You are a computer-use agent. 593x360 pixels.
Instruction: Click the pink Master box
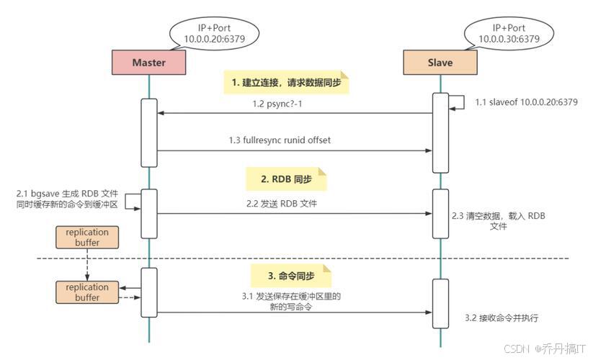coord(149,63)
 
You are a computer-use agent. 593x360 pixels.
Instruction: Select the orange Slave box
coord(440,63)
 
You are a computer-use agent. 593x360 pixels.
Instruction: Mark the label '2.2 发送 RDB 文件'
coord(282,204)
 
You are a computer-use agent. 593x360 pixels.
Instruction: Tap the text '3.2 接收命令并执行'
coord(501,318)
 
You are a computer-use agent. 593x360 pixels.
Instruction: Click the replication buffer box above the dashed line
coord(87,238)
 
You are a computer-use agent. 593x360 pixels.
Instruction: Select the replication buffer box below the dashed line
coord(87,292)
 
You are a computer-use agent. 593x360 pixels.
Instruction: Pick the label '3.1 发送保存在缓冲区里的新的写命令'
coord(292,302)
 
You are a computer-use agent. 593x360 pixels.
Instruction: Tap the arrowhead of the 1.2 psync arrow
coord(161,114)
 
